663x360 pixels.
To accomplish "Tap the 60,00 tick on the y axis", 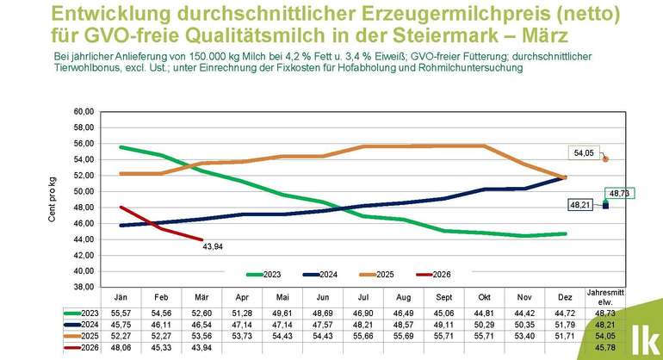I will (x=82, y=112).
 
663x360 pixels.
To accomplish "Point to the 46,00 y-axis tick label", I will (x=82, y=224).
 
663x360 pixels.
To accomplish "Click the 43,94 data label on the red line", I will (x=213, y=250).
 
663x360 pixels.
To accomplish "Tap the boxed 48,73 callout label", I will (x=617, y=193).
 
